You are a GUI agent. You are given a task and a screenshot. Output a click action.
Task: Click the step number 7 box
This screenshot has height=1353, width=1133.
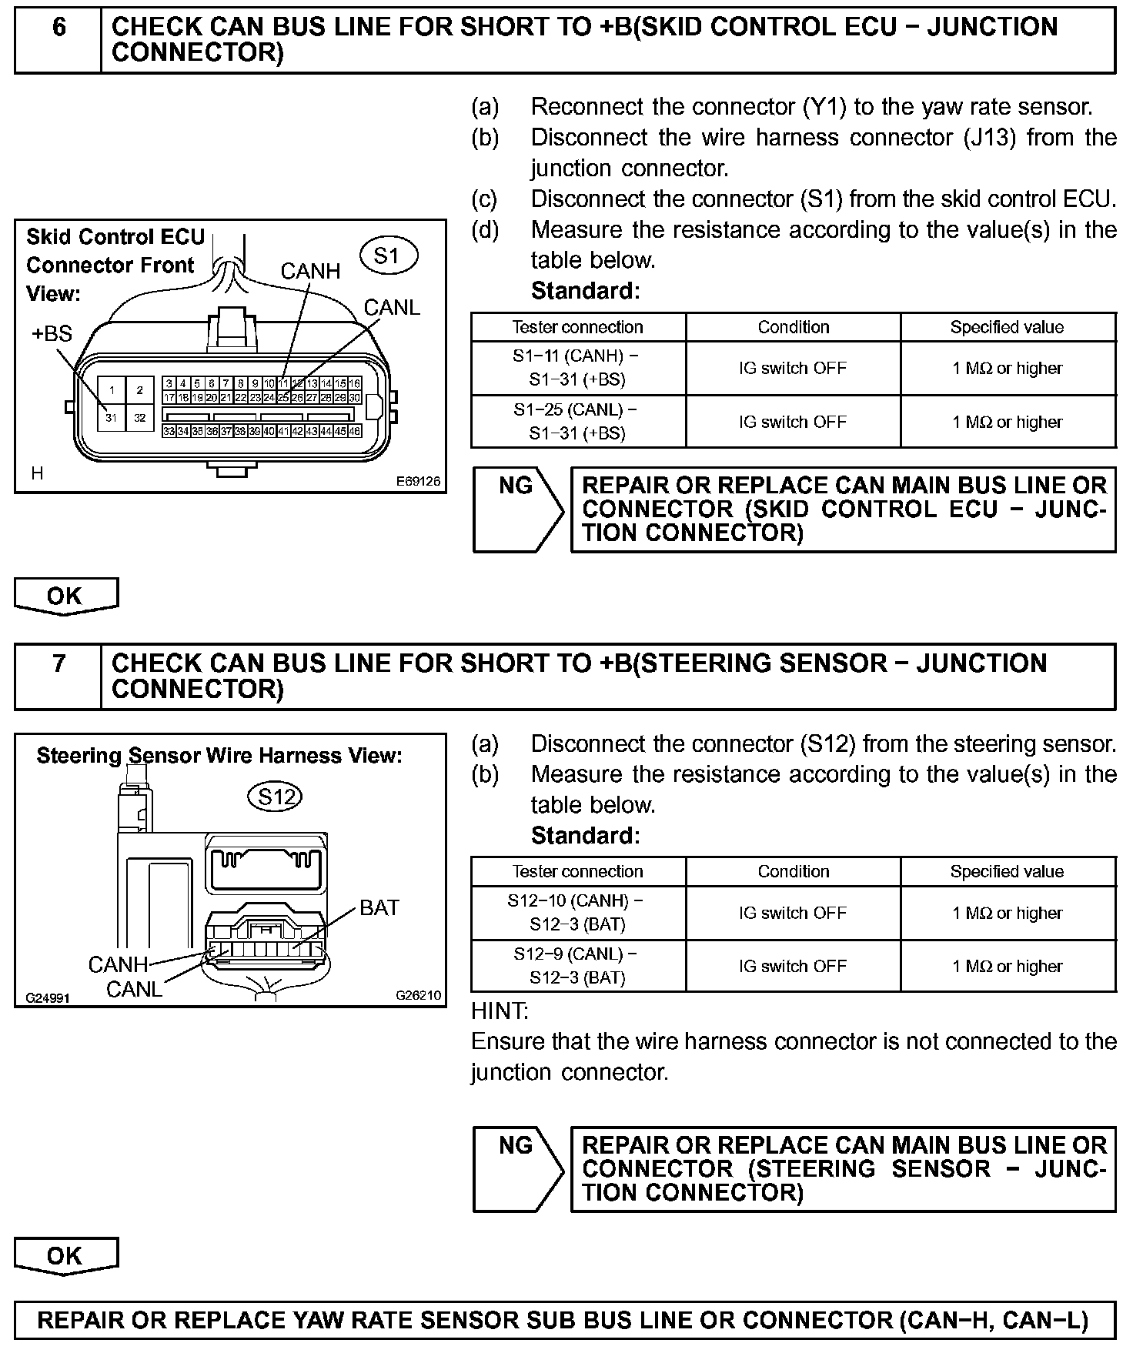tap(58, 675)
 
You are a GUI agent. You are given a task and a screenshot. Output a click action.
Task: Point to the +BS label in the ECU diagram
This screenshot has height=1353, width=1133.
tap(52, 334)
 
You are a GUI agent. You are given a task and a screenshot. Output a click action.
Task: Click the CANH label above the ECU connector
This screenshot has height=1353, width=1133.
tap(310, 271)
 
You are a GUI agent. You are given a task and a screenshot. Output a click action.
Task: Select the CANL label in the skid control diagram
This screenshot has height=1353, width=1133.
tap(392, 308)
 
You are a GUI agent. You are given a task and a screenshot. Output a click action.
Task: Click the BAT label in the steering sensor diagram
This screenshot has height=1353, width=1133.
tap(379, 908)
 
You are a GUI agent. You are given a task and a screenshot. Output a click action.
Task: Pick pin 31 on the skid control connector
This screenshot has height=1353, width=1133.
tap(112, 418)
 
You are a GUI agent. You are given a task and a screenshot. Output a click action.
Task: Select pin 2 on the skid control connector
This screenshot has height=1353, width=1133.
tap(140, 390)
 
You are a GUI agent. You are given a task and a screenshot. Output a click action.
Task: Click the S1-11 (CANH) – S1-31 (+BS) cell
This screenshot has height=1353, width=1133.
tap(577, 368)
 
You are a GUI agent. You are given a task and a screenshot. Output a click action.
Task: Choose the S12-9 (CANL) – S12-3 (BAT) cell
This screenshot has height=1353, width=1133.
tap(577, 966)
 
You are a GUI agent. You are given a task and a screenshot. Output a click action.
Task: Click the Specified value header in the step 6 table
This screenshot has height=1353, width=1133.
tap(1007, 327)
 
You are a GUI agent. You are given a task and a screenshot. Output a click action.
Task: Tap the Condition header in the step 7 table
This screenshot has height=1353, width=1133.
tap(793, 871)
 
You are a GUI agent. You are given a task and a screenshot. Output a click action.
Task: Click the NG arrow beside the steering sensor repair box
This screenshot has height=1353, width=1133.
tap(517, 1168)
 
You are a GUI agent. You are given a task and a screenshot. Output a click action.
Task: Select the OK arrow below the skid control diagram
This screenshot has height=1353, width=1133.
tap(65, 596)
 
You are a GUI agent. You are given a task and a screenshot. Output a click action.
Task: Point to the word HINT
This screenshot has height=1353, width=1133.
tap(500, 1011)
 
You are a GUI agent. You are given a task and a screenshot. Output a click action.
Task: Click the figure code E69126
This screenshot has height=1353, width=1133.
tap(418, 481)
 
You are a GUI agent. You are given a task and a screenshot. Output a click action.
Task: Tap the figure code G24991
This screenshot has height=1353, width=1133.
tap(48, 998)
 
